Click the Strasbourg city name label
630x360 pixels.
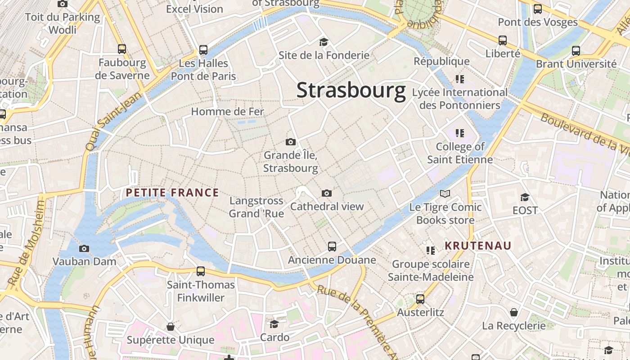351,90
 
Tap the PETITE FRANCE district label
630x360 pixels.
172,193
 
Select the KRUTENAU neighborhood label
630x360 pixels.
478,246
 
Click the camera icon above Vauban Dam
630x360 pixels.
84,248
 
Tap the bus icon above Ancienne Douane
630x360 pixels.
332,247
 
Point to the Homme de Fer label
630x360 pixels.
227,112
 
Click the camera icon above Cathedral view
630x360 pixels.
327,193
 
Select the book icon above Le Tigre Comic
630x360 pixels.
445,194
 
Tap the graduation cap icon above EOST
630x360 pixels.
525,197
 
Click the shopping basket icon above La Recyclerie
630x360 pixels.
513,312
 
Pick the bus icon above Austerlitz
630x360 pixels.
420,299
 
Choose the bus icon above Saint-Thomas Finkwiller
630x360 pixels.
201,271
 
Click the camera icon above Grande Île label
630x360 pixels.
291,142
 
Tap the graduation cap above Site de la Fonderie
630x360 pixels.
324,42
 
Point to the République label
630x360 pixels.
441,61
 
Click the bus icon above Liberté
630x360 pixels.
503,40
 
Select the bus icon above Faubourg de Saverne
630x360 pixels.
122,49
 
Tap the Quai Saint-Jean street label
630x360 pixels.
107,122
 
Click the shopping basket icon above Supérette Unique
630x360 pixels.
170,326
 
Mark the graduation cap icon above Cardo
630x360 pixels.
274,324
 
